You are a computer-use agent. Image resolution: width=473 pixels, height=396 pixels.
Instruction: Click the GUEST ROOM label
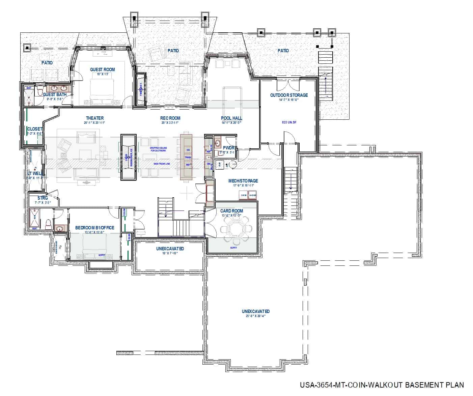(102, 69)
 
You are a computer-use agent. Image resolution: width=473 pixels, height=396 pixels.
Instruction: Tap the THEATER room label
(95, 118)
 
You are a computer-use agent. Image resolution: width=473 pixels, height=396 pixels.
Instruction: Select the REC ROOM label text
(170, 118)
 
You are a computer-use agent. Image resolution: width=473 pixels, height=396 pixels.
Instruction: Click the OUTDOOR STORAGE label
(289, 95)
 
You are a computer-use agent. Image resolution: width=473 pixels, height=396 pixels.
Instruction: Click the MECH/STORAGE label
(243, 181)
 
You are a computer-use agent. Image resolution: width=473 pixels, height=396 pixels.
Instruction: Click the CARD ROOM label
(232, 211)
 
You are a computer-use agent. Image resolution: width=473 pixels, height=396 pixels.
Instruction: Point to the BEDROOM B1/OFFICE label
(94, 228)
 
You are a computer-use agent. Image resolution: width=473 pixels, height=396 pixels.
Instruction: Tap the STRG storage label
(43, 198)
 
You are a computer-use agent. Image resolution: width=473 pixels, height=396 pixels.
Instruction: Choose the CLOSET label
(34, 129)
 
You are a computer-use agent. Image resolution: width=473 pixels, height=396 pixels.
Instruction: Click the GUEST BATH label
(55, 94)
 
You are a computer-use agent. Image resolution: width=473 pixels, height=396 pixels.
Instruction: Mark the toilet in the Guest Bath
(39, 91)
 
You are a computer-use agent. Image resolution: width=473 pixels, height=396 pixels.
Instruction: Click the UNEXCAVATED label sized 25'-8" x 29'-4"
(255, 311)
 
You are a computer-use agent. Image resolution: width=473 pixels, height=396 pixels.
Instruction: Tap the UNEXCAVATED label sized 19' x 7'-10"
(170, 249)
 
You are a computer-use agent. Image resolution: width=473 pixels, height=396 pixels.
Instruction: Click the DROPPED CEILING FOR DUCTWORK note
(158, 149)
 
